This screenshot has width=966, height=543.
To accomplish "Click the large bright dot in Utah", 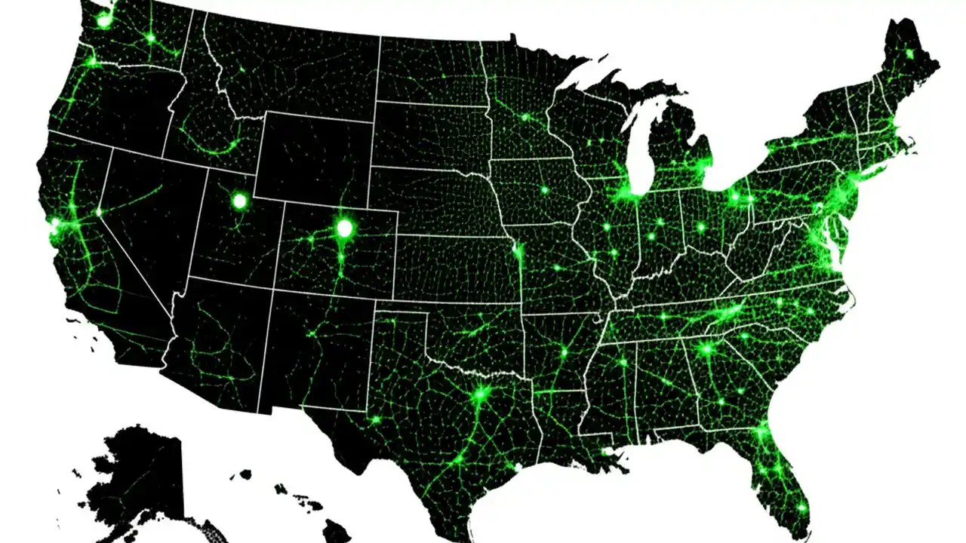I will point(239,201).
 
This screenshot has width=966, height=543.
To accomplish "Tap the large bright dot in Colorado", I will point(345,227).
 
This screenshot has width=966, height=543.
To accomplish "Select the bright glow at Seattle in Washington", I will point(104,21).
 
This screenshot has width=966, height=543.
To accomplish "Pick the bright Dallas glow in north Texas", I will point(480,393).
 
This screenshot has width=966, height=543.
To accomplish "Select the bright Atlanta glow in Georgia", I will point(706,349).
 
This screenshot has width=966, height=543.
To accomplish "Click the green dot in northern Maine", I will point(909,54).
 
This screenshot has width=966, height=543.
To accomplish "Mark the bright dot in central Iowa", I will point(543,190).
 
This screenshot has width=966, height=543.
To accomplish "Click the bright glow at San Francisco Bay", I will point(55,223).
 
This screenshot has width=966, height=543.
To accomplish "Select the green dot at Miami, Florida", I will point(801,507).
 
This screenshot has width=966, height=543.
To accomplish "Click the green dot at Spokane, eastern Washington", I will point(150,36).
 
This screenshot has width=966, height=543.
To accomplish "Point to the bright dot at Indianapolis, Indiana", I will point(660,223).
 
